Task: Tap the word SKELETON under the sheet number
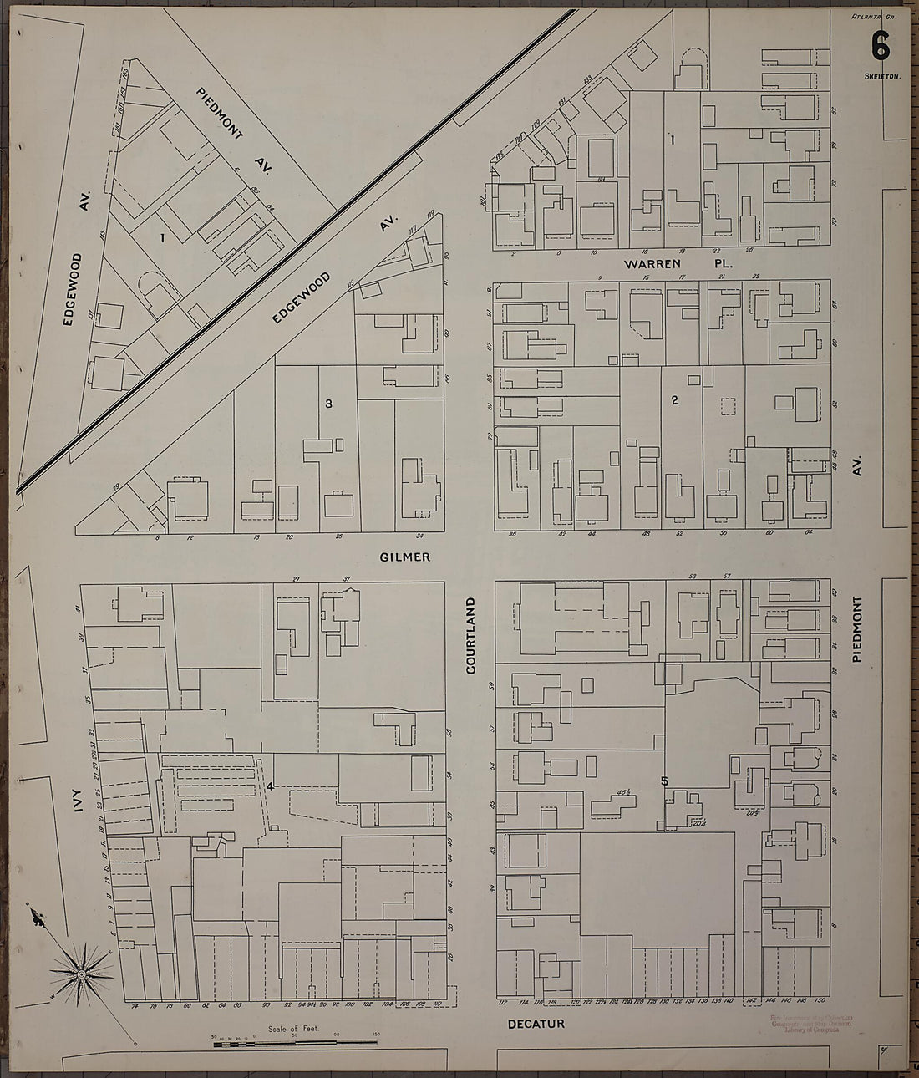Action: pyautogui.click(x=881, y=76)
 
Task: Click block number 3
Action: pyautogui.click(x=328, y=404)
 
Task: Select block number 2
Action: pyautogui.click(x=674, y=399)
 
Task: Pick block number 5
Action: pyautogui.click(x=664, y=781)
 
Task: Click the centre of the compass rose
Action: pyautogui.click(x=81, y=974)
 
